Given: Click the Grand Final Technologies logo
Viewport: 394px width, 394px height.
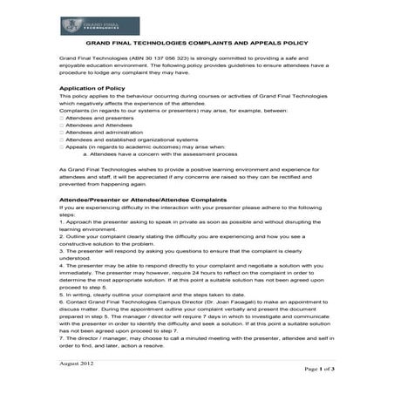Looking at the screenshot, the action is (x=88, y=26).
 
